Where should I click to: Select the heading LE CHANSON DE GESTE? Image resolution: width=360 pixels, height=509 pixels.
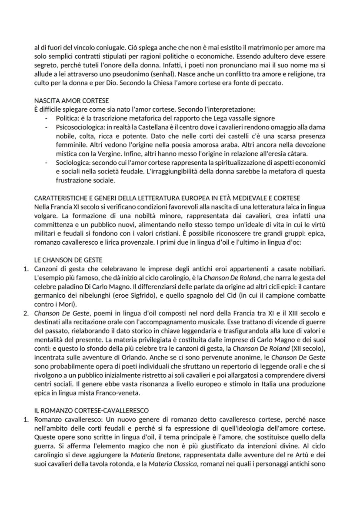point(68,260)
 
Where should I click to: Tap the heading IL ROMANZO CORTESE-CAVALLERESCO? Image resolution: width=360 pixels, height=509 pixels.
point(92,410)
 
